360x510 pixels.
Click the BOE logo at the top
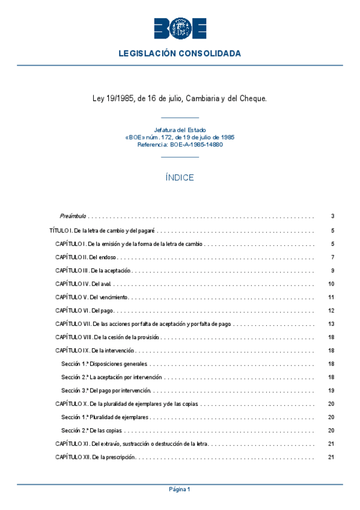tap(180, 28)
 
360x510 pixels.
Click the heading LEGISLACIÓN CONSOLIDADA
tap(180, 54)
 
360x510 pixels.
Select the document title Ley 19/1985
tap(180, 98)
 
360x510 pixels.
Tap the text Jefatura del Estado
tap(180, 130)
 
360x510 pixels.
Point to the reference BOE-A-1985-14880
tap(180, 144)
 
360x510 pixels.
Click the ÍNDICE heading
tap(180, 178)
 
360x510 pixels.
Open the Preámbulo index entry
tap(73, 216)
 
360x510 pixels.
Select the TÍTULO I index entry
tap(102, 230)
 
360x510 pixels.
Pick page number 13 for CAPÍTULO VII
tap(331, 324)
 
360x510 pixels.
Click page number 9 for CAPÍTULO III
tap(332, 271)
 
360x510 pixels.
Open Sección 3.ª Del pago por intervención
tap(106, 391)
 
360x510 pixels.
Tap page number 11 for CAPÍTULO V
tap(331, 298)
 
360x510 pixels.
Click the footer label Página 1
tap(180, 490)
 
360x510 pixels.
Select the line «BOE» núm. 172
tap(180, 137)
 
